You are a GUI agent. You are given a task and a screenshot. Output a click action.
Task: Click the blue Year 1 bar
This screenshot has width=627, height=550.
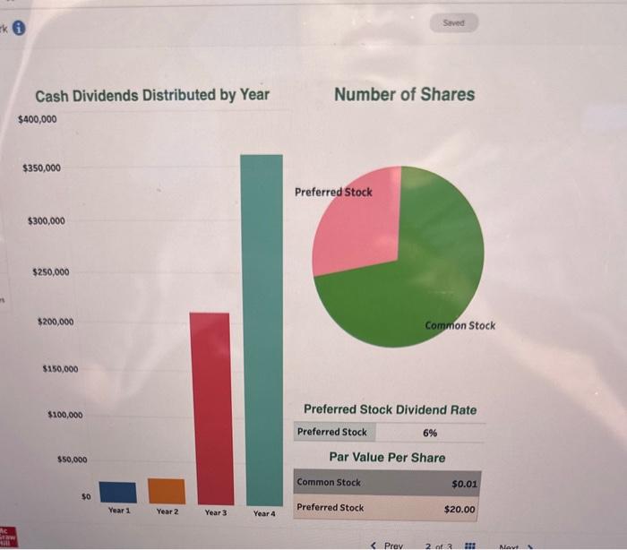[x=117, y=493]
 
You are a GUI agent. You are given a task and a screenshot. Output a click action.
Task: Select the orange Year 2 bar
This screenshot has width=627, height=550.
[x=166, y=491]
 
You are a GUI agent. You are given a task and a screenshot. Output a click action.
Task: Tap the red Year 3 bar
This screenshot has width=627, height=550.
[x=211, y=408]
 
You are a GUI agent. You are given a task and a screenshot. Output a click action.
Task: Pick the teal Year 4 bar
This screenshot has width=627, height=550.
[x=262, y=329]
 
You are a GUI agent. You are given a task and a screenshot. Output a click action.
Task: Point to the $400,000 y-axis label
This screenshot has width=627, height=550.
[x=37, y=118]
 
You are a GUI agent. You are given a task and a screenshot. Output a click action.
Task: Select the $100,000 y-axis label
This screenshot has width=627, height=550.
[x=64, y=415]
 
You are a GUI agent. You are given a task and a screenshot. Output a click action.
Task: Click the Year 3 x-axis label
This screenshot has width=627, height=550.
[x=215, y=513]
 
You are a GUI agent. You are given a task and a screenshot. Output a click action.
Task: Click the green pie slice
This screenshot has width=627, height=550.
[x=421, y=278]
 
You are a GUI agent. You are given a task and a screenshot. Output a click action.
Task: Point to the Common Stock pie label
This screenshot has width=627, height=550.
[x=460, y=325]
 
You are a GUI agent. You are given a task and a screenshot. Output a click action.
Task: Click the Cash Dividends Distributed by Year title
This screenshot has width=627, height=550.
[x=152, y=95]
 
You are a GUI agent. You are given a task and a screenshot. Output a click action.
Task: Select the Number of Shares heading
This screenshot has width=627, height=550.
[x=404, y=94]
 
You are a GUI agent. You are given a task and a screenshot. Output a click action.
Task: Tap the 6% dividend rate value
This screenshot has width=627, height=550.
[x=430, y=432]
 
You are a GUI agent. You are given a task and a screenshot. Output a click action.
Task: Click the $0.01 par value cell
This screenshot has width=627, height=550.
[x=464, y=483]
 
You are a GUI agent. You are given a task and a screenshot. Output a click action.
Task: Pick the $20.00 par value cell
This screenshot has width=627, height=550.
[x=460, y=508]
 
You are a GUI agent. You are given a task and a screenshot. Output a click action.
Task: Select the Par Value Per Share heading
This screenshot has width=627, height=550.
[x=387, y=457]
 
